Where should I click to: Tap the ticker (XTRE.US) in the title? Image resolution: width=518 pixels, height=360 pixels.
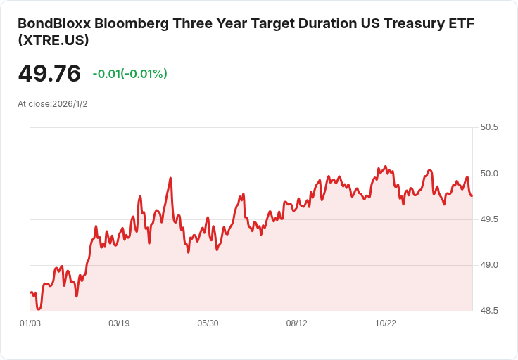tap(53, 41)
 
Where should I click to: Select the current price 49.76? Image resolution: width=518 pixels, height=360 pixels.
tap(49, 74)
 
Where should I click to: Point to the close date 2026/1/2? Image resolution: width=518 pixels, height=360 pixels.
tap(70, 104)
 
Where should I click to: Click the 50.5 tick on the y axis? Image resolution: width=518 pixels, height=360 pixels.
tap(489, 128)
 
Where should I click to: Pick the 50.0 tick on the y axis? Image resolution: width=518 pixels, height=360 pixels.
tap(489, 174)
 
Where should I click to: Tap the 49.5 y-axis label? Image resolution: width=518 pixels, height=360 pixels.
tap(489, 219)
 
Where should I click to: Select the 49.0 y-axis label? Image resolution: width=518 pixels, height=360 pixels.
tap(489, 265)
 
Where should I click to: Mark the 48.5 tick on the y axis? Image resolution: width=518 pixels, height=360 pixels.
tap(489, 311)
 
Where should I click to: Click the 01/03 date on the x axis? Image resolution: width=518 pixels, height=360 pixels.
tap(30, 323)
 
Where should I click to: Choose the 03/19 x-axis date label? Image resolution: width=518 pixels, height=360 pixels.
tap(119, 323)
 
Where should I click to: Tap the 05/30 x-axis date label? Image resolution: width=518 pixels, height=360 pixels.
tap(208, 323)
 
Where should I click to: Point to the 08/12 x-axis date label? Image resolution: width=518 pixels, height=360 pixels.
tap(297, 323)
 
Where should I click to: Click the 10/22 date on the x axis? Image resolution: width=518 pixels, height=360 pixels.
tap(386, 323)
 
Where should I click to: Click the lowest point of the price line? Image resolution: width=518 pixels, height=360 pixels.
tap(39, 309)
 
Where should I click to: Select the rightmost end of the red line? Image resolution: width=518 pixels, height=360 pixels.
tap(472, 195)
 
